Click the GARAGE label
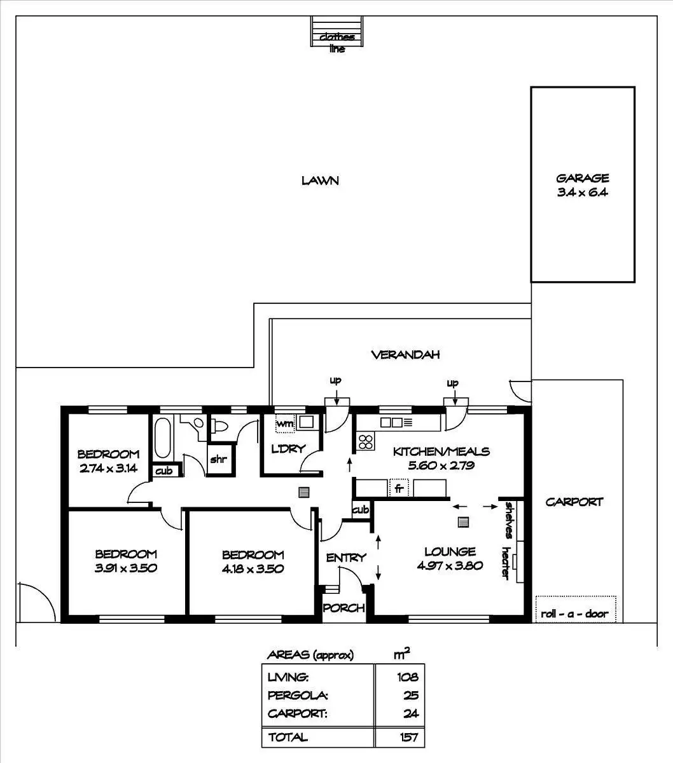pos(582,179)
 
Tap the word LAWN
pos(320,181)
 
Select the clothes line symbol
pos(337,32)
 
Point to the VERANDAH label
pos(405,355)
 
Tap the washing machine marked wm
pos(284,423)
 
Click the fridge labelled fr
pos(398,488)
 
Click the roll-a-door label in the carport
pos(574,614)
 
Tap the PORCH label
pos(343,608)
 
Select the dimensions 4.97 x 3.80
pos(450,565)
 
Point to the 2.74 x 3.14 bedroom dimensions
pos(108,467)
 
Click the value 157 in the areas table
pos(408,737)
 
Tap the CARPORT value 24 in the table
pos(411,713)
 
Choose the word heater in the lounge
pos(507,563)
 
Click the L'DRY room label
pos(288,448)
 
